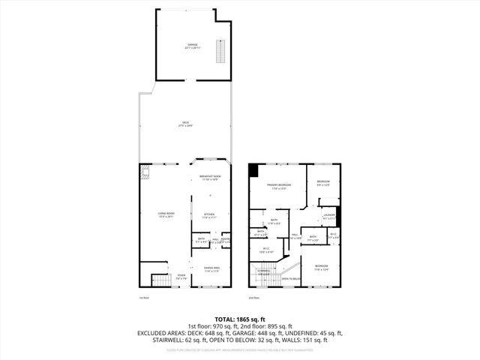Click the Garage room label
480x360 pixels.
pyautogui.click(x=193, y=46)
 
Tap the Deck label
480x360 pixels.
pyautogui.click(x=185, y=124)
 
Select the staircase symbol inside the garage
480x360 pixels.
pyautogui.click(x=220, y=52)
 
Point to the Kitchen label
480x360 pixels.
pyautogui.click(x=209, y=216)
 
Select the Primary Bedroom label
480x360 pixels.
pyautogui.click(x=280, y=187)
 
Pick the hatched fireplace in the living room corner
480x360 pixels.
pyautogui.click(x=145, y=174)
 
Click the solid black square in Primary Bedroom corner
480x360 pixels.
pyautogui.click(x=253, y=170)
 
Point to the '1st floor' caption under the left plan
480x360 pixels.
pyautogui.click(x=144, y=298)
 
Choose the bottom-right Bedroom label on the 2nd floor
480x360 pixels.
pyautogui.click(x=320, y=267)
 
